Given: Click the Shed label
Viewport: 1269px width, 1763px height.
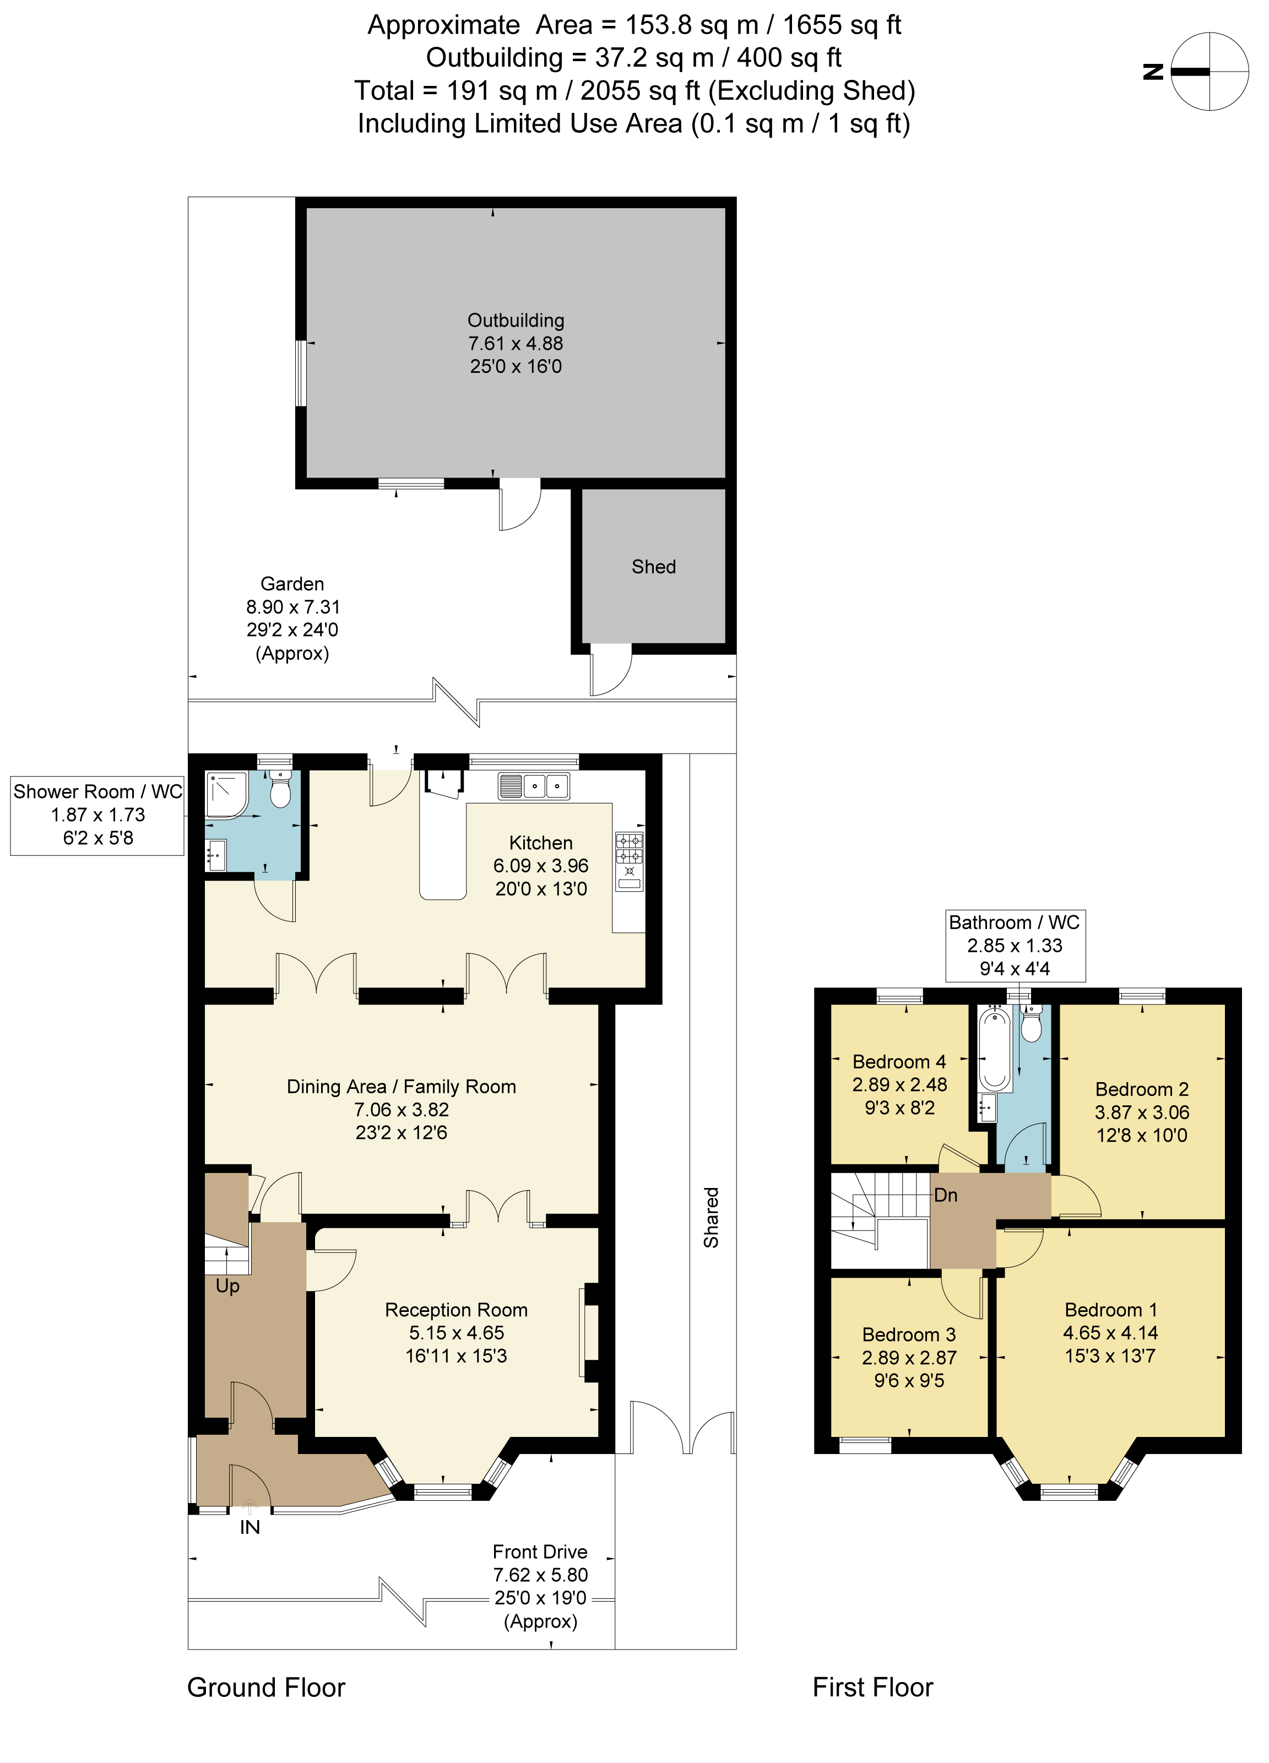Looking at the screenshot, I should (x=653, y=567).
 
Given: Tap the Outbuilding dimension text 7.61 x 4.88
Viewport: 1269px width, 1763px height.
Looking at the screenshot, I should (x=515, y=344).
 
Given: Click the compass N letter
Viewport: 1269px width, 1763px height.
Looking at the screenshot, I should (x=1153, y=72).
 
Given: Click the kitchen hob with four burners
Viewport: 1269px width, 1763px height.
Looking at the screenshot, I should (x=629, y=848).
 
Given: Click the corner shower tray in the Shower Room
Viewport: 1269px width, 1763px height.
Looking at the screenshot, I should (x=225, y=794).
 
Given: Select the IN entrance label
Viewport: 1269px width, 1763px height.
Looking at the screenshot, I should (x=250, y=1527).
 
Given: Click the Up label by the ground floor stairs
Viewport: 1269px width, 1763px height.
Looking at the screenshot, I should (x=227, y=1287).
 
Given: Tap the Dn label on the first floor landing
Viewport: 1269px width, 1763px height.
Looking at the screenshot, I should (x=946, y=1196).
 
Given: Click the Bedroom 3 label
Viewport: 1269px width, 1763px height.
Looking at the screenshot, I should (x=908, y=1335).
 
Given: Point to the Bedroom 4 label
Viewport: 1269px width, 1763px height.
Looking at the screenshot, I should (x=899, y=1062).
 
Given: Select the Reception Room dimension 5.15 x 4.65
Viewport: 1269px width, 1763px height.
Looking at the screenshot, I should (x=457, y=1333).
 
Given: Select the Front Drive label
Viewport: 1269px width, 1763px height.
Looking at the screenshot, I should (x=540, y=1553).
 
